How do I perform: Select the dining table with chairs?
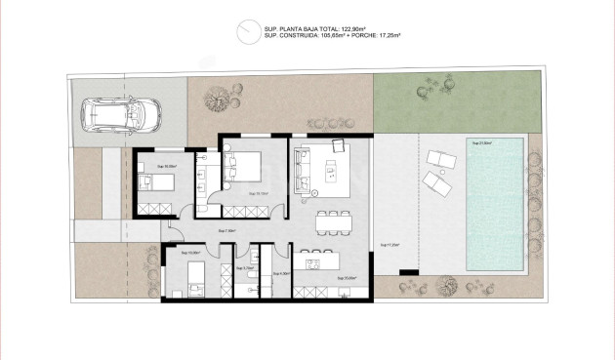coord(333,221)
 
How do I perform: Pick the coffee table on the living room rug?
coord(329,175)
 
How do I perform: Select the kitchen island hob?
coord(314,261)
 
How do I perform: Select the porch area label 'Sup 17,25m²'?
coord(389,244)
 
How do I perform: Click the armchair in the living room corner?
coord(339,145)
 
